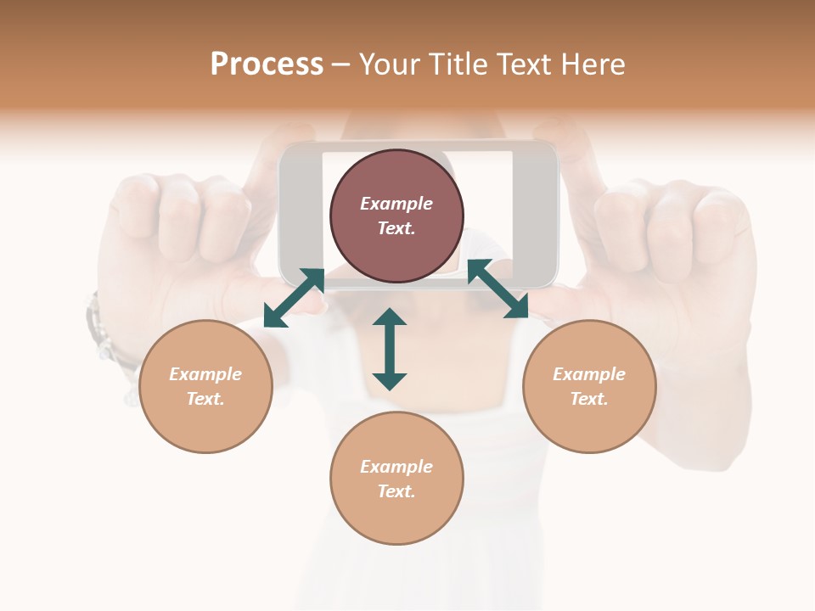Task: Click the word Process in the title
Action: point(267,64)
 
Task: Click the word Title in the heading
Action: point(455,64)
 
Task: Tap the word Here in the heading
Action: point(592,64)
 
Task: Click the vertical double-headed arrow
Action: point(390,349)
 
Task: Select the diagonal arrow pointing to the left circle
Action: point(294,297)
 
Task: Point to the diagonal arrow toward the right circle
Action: point(497,289)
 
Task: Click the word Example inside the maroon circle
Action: point(396,204)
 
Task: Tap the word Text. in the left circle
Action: point(205,399)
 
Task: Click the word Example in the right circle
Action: point(589,374)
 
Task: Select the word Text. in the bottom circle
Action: point(396,491)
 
